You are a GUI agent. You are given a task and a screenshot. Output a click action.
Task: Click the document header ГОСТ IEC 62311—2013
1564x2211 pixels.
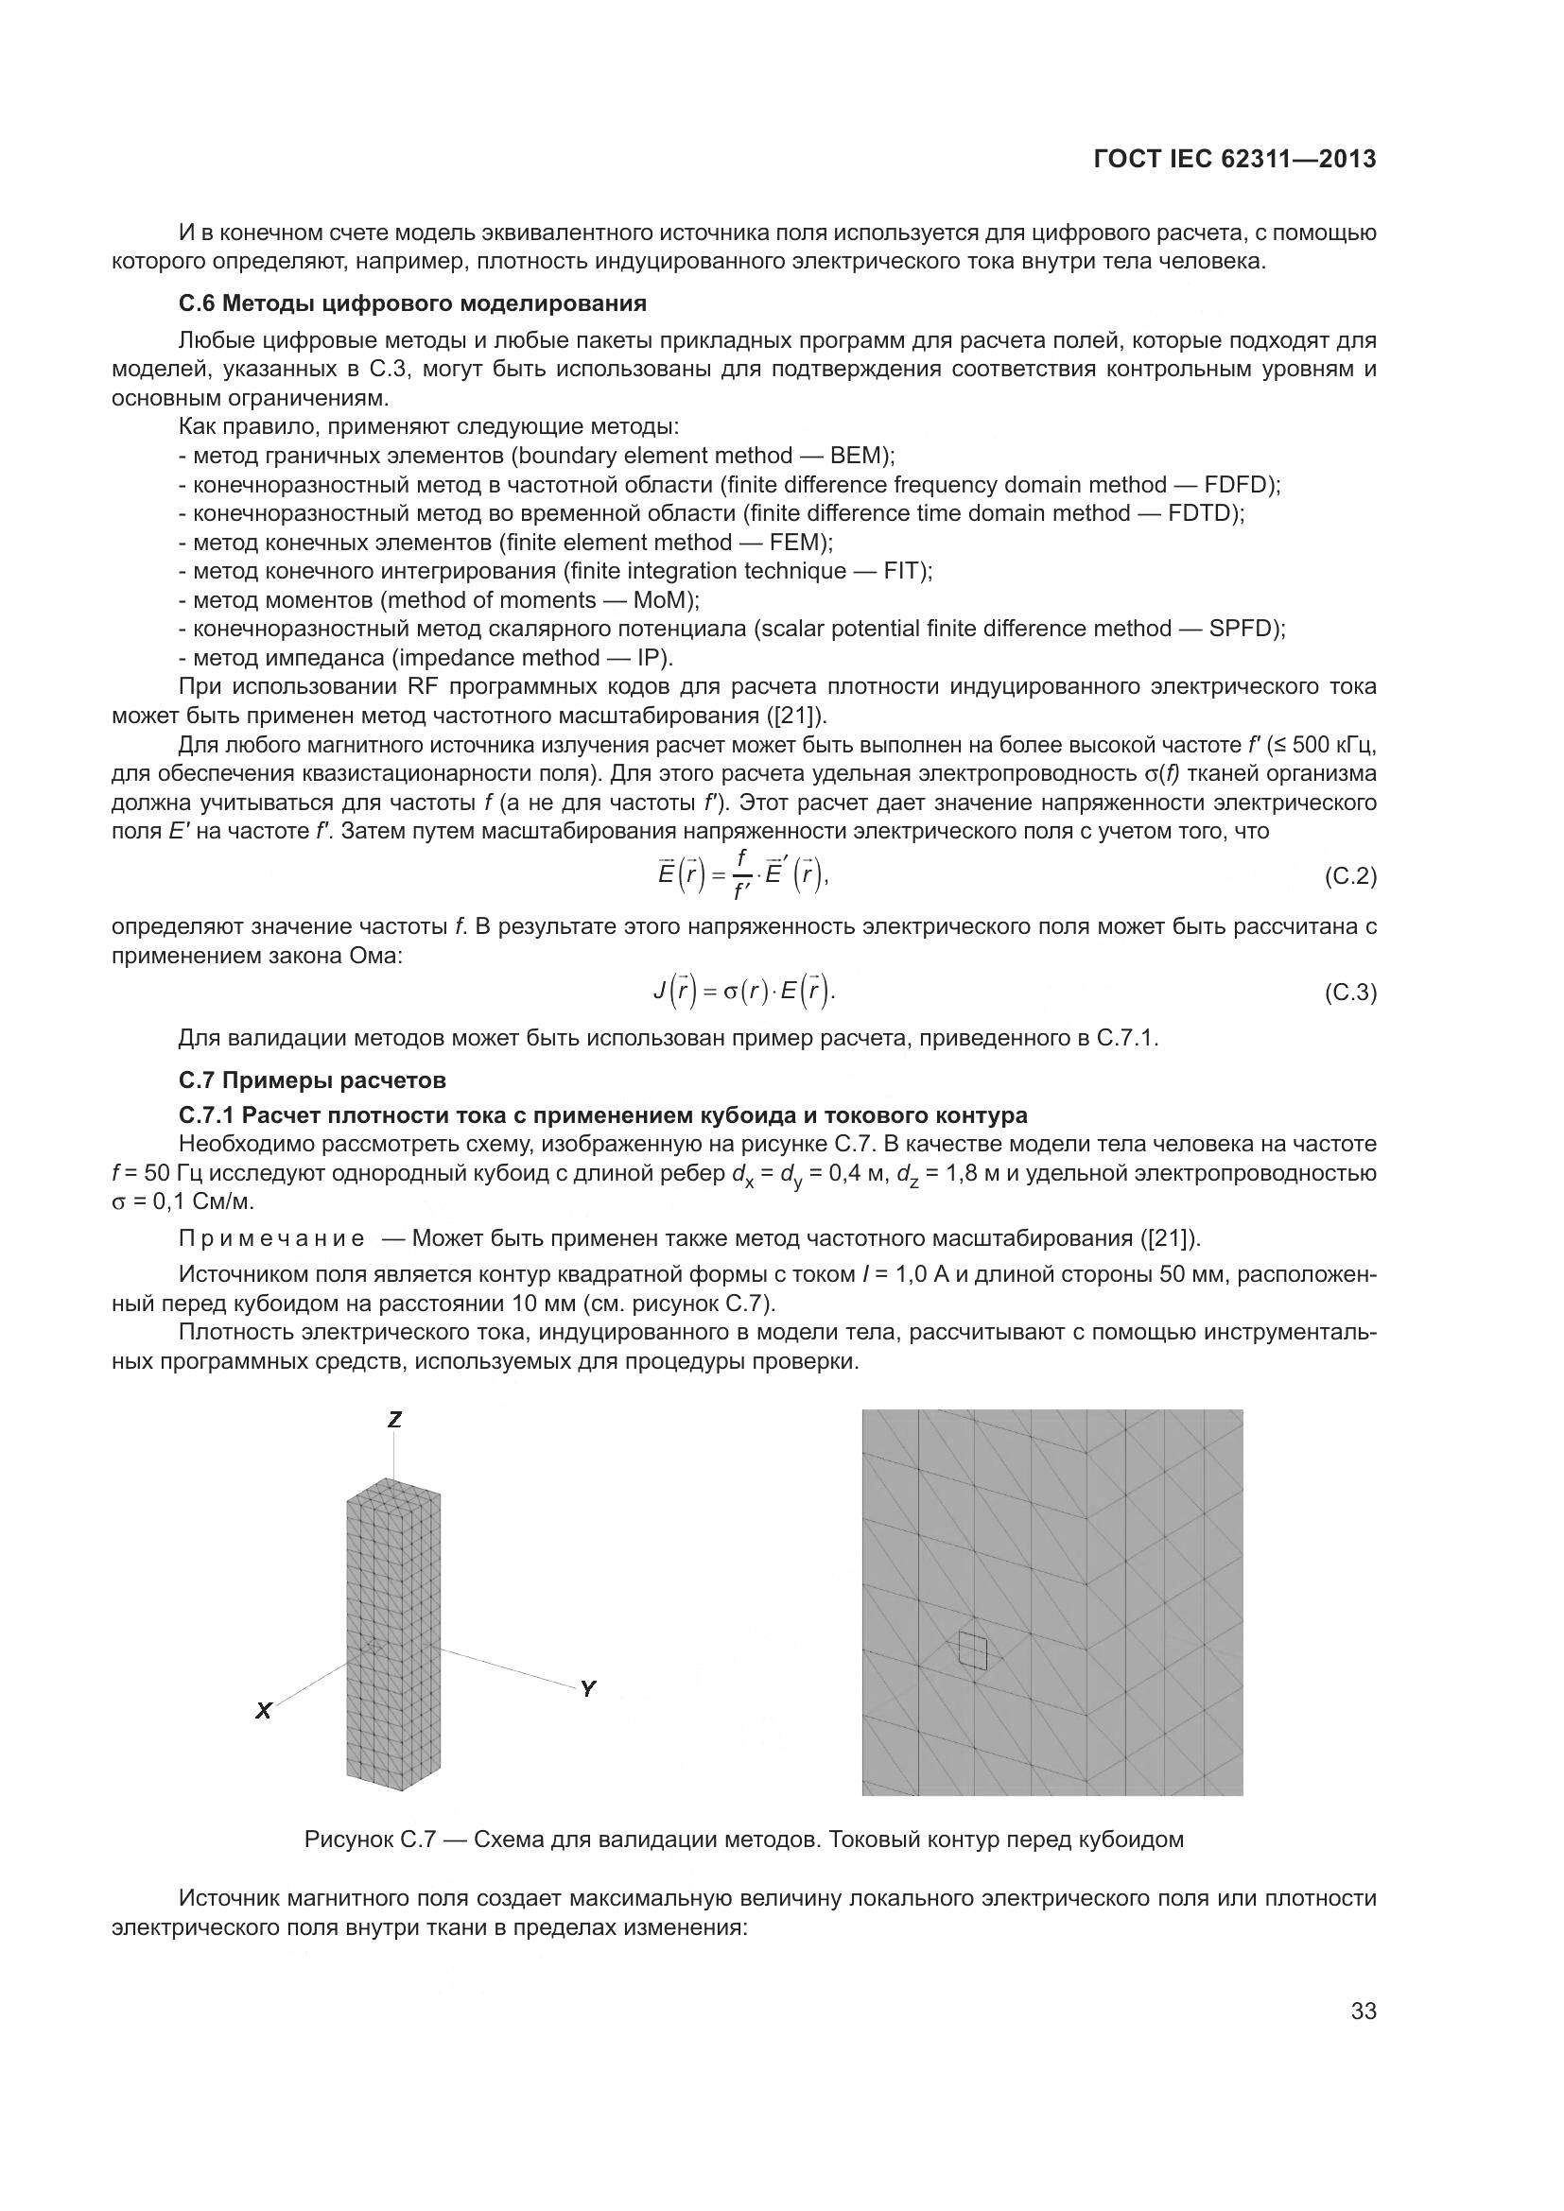click(1235, 160)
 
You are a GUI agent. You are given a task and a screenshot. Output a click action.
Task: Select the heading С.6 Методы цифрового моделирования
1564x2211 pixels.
click(412, 304)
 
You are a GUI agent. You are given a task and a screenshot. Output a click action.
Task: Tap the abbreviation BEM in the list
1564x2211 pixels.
click(863, 456)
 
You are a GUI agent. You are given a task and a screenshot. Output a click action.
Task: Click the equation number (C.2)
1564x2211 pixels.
click(1350, 876)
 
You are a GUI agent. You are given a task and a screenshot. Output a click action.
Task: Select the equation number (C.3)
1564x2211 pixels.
click(1350, 992)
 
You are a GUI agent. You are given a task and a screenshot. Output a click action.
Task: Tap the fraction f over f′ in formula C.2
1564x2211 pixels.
click(740, 874)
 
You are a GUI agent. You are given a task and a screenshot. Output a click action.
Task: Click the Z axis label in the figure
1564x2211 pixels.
click(395, 1419)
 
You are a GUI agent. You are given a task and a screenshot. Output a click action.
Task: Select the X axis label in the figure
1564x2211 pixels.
click(263, 1711)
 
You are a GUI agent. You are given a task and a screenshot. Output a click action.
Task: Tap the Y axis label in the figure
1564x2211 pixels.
click(587, 1688)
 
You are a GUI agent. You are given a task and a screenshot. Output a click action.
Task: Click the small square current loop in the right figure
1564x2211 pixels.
click(974, 1650)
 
